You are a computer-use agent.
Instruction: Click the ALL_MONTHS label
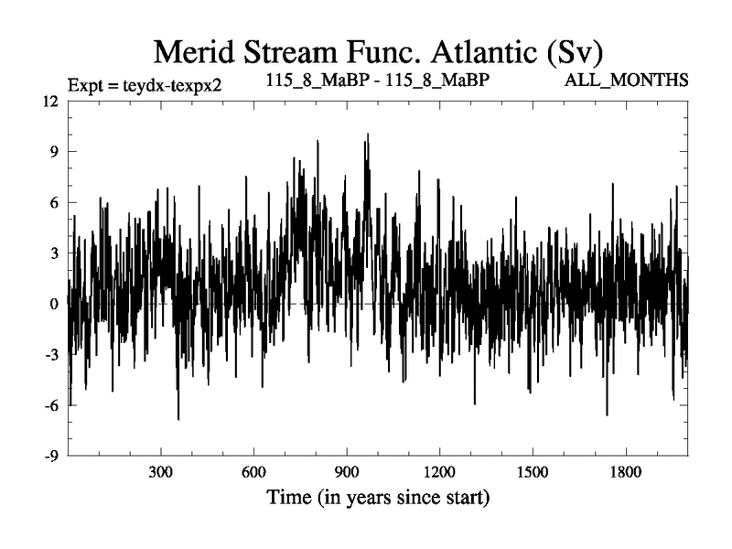point(627,81)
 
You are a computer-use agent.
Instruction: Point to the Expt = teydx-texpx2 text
point(145,85)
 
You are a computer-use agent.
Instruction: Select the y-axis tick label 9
point(54,152)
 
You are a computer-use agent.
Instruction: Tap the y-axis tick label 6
point(54,202)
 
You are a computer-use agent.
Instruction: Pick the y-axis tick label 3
point(54,253)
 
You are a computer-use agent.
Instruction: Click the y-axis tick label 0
point(54,304)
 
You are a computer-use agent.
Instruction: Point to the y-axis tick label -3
point(51,354)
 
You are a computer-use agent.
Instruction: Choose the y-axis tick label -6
point(51,404)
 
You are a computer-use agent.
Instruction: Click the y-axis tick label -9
point(51,456)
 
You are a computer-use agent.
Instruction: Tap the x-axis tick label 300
point(161,476)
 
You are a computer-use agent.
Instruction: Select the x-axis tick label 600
point(253,476)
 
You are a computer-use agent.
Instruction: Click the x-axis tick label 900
point(346,476)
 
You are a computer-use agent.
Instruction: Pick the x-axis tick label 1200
point(439,476)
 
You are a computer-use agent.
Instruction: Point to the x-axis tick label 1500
point(532,476)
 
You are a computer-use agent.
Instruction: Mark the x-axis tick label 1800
point(625,476)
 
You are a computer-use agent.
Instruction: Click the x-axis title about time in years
point(378,499)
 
